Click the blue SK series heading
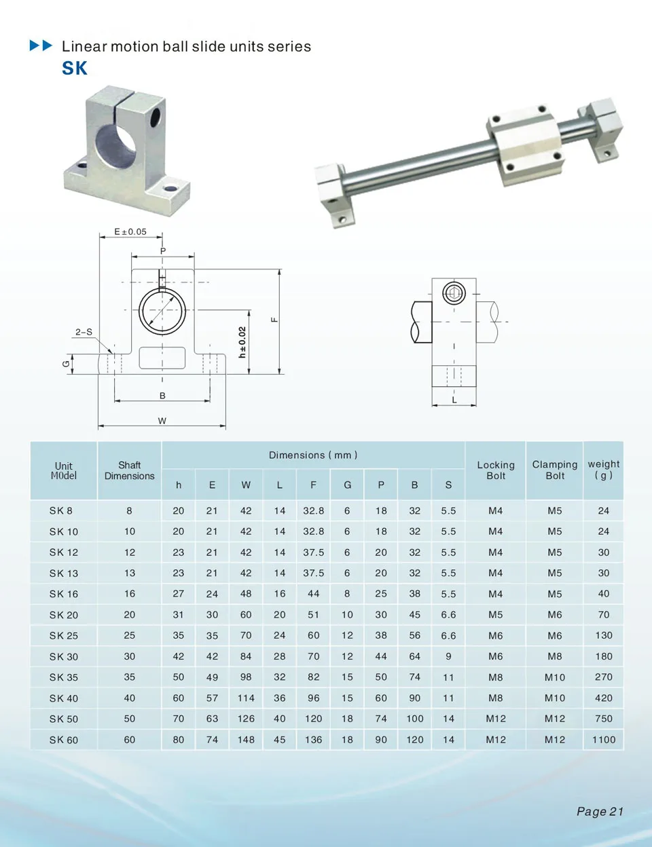[75, 69]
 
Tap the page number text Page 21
[600, 811]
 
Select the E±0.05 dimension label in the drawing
[130, 231]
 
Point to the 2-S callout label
[84, 332]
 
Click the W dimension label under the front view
[162, 421]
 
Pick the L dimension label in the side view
[454, 400]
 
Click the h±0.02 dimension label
[242, 342]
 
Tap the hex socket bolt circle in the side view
[454, 293]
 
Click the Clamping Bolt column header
[554, 470]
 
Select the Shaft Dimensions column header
[130, 470]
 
